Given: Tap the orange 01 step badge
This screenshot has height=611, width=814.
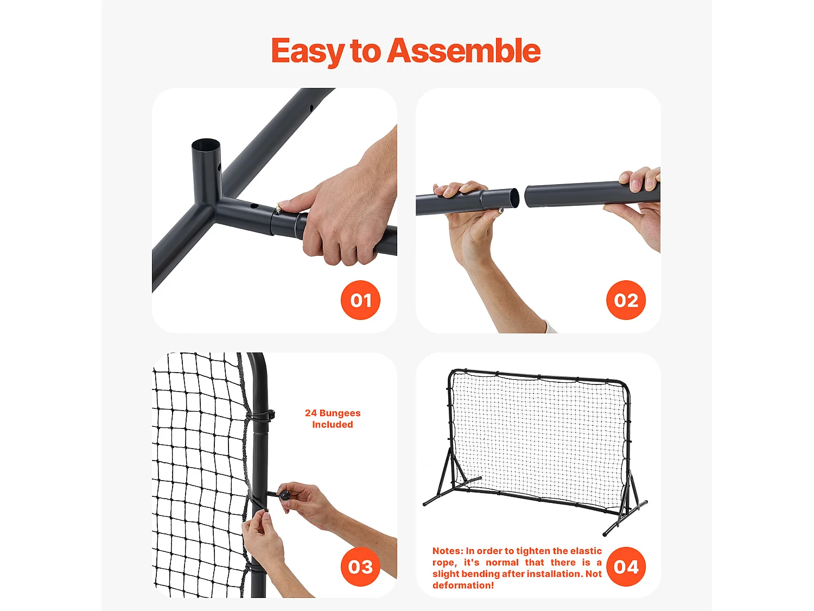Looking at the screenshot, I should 360,300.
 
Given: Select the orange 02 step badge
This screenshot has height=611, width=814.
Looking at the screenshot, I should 626,300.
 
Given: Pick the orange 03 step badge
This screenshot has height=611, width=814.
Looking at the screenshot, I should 360,567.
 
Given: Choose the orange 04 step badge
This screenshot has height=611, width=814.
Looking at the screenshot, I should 626,567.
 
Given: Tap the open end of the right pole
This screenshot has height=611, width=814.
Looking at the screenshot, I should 530,196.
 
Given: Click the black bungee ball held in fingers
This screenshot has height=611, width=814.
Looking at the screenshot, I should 285,495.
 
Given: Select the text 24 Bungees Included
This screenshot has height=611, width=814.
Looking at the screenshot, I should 333,419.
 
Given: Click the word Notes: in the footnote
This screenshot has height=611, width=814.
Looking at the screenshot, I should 448,551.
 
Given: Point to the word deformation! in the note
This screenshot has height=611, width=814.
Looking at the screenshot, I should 463,585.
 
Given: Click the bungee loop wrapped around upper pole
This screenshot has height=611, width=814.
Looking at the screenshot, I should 260,417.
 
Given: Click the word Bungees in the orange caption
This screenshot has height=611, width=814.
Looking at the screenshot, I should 340,413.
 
